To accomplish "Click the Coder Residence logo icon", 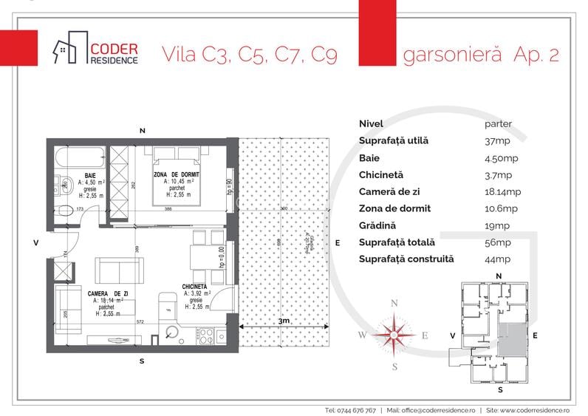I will (68, 50).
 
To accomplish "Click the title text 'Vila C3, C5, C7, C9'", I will (249, 55).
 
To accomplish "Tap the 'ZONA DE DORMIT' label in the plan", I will (176, 174).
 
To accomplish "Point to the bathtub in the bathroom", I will (81, 157).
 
